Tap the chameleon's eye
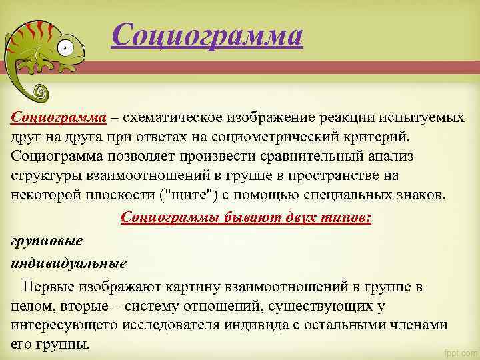coord(64,48)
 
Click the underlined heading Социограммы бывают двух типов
coord(246,218)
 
